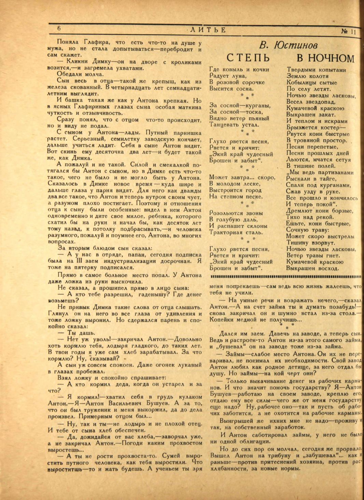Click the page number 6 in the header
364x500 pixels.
click(x=59, y=29)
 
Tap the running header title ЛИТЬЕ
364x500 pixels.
click(x=208, y=30)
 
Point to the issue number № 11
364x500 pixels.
click(x=348, y=32)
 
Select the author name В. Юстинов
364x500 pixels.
click(x=288, y=46)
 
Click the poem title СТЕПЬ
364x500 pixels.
click(x=248, y=58)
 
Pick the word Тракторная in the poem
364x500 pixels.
click(x=226, y=233)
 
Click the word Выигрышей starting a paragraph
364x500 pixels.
click(x=235, y=421)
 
